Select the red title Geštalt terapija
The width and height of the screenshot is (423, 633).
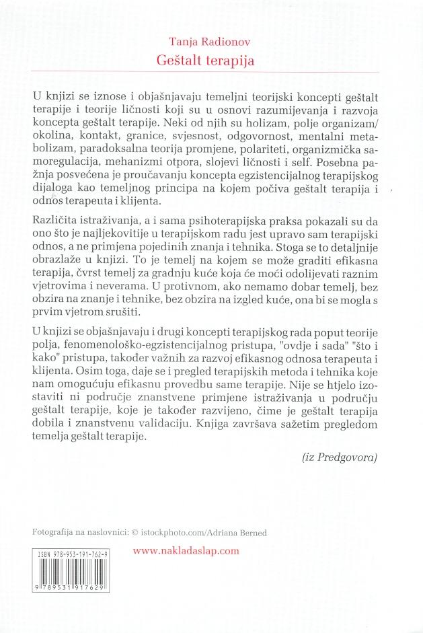click(x=211, y=59)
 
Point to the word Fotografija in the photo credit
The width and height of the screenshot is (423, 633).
click(x=57, y=532)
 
